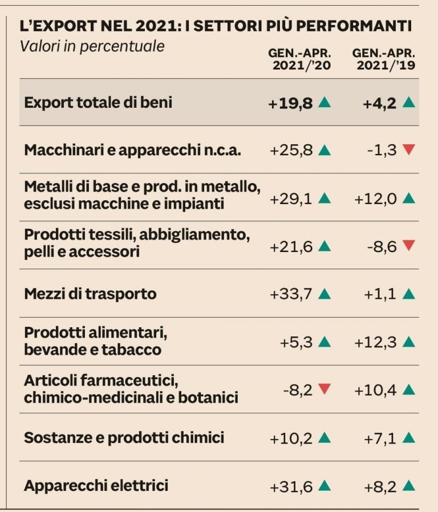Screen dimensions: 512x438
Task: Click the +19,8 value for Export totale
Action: click(290, 103)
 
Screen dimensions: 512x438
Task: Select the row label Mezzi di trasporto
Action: click(90, 294)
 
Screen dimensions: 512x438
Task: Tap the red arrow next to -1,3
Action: click(409, 150)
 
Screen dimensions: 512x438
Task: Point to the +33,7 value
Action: click(291, 294)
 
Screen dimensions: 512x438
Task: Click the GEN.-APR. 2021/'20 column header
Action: click(299, 59)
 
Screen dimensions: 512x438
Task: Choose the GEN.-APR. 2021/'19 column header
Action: click(383, 59)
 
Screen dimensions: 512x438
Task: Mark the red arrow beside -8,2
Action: click(325, 390)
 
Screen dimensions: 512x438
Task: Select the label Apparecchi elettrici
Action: click(96, 486)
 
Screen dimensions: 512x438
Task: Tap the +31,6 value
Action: click(291, 486)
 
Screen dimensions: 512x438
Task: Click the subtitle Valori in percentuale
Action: click(92, 46)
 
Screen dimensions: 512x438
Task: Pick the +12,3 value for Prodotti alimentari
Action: click(376, 342)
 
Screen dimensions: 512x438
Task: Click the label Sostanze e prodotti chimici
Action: click(124, 438)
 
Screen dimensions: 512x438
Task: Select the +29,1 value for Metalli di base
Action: click(291, 198)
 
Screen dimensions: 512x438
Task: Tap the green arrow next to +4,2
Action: click(409, 103)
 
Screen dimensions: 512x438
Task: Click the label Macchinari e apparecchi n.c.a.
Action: click(133, 151)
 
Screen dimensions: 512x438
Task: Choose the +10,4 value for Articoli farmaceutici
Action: click(376, 390)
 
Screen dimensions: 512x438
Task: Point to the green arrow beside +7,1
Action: click(409, 438)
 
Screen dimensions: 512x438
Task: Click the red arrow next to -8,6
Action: click(409, 246)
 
